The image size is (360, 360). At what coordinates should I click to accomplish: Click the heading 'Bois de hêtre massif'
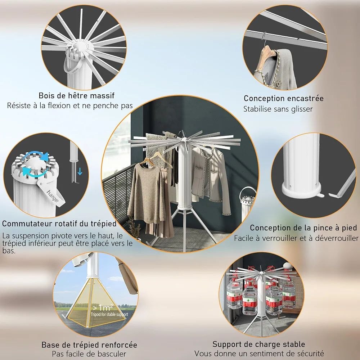click(x=76, y=95)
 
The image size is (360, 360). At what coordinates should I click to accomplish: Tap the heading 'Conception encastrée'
click(x=284, y=99)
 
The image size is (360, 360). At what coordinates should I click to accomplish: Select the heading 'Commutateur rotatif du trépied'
click(x=59, y=224)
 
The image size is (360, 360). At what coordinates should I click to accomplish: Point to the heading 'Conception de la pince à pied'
click(x=303, y=228)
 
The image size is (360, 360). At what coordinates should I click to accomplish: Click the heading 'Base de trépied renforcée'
click(x=89, y=345)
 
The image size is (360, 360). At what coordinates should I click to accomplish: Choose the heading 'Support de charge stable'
click(x=259, y=344)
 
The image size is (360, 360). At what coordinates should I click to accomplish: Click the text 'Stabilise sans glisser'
click(x=278, y=109)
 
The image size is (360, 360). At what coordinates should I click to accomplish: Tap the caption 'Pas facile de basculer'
click(x=89, y=354)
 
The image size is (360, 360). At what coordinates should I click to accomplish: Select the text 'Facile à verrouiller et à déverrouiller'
click(x=296, y=238)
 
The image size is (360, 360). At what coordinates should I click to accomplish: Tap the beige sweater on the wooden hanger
click(x=147, y=190)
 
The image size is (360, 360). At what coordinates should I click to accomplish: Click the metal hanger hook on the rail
click(x=264, y=39)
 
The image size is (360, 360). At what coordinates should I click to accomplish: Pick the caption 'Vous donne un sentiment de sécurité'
click(x=259, y=354)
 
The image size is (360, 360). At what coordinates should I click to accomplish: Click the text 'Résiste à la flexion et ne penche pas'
click(x=70, y=105)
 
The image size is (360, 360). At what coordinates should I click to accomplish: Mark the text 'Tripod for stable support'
click(x=109, y=314)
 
